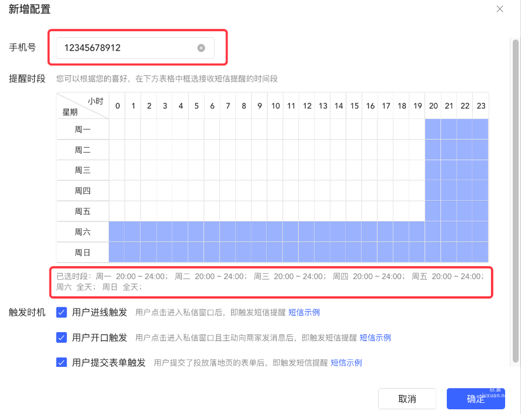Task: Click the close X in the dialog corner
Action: (x=500, y=9)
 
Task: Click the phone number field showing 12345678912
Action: (x=126, y=48)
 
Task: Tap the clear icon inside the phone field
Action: (x=201, y=48)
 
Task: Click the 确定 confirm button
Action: (x=476, y=399)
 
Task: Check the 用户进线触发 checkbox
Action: (x=61, y=312)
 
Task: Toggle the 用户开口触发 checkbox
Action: (x=61, y=337)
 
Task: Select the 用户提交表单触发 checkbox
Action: (x=61, y=362)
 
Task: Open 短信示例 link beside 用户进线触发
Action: (x=304, y=313)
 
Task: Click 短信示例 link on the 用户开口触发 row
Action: (x=375, y=338)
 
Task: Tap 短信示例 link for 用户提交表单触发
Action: (x=346, y=363)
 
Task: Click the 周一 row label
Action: (x=83, y=129)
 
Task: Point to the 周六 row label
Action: (x=83, y=232)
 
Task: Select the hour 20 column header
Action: (x=433, y=106)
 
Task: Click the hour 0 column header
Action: (x=118, y=106)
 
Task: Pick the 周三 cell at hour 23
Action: (x=481, y=170)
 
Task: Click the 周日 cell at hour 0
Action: (x=118, y=253)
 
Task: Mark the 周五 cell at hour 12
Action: (x=307, y=211)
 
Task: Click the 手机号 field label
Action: (x=22, y=47)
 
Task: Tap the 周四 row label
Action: (x=83, y=191)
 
